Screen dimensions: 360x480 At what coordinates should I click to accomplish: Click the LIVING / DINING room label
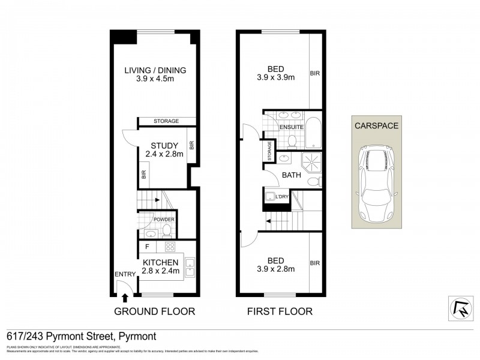point(155,70)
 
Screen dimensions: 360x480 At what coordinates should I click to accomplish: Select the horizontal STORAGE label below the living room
point(166,122)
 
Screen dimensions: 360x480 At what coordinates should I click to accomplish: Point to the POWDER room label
point(163,220)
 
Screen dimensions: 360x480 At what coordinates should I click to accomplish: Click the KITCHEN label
point(160,262)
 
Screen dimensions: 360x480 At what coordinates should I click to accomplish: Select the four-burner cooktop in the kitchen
point(170,246)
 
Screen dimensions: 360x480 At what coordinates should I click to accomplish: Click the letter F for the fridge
point(146,247)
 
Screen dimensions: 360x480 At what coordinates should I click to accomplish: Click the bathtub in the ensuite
point(314,133)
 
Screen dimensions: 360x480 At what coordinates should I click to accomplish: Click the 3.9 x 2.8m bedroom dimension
point(276,269)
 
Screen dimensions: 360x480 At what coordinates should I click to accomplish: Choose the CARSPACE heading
point(376,126)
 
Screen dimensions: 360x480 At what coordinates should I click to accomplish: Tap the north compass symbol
point(461,307)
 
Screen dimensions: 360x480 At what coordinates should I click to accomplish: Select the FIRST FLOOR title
point(280,311)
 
